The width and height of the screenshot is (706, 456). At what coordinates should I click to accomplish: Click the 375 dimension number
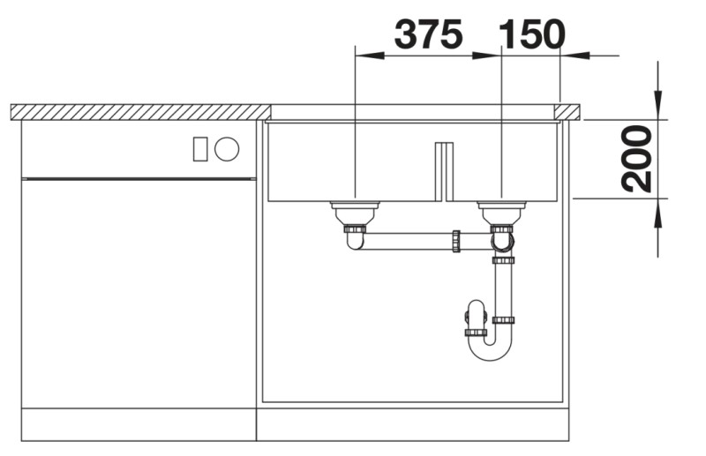(x=428, y=34)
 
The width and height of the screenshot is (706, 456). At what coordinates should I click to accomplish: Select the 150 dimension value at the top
(x=531, y=34)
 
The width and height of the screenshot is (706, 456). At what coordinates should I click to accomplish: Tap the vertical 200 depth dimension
(x=636, y=159)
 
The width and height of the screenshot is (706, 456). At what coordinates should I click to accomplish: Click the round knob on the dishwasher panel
(x=227, y=148)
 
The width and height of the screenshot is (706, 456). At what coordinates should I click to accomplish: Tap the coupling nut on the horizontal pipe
(x=455, y=241)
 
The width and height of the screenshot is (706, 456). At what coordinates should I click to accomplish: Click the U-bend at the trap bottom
(x=490, y=348)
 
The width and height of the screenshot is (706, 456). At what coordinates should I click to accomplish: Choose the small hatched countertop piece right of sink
(x=567, y=111)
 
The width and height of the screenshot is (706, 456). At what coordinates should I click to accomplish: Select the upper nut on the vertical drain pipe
(x=503, y=260)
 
